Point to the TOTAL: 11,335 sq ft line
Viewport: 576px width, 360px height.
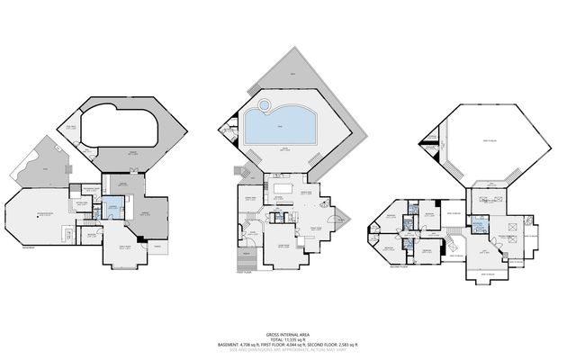tap(288, 337)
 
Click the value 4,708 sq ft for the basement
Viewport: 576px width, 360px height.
tap(258, 345)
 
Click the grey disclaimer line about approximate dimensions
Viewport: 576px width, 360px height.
tap(288, 350)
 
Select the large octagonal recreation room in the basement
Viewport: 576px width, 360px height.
tap(36, 216)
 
